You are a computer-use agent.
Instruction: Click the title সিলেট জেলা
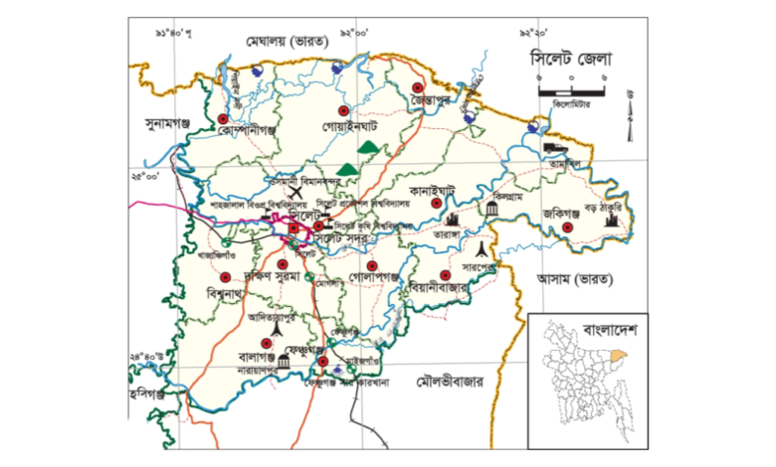click(569, 60)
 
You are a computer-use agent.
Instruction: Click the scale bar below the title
click(572, 91)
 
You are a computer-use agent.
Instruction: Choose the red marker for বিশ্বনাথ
click(225, 277)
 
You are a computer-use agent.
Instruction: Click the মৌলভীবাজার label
click(450, 379)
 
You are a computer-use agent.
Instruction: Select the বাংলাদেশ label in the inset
click(614, 327)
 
